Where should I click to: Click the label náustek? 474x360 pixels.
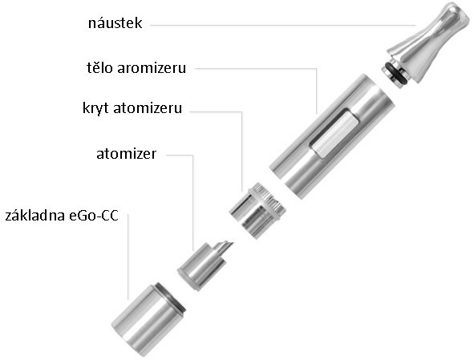pyautogui.click(x=115, y=23)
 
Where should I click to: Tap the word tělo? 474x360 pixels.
pyautogui.click(x=99, y=67)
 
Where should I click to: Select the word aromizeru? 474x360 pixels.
pyautogui.click(x=152, y=69)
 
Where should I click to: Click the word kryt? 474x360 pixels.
pyautogui.click(x=95, y=108)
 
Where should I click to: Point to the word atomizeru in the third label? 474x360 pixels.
pyautogui.click(x=148, y=109)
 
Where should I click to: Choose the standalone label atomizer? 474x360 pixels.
pyautogui.click(x=127, y=154)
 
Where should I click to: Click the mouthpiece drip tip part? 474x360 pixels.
pyautogui.click(x=427, y=46)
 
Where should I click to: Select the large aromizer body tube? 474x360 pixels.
pyautogui.click(x=332, y=136)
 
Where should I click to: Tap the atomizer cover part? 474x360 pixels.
pyautogui.click(x=257, y=210)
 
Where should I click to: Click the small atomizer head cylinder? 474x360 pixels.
pyautogui.click(x=201, y=266)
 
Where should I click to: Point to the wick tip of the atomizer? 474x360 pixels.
pyautogui.click(x=225, y=246)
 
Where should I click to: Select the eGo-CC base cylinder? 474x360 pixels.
pyautogui.click(x=148, y=320)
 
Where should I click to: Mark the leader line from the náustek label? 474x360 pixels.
pyautogui.click(x=283, y=26)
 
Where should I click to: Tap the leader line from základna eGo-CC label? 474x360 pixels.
pyautogui.click(x=128, y=257)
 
